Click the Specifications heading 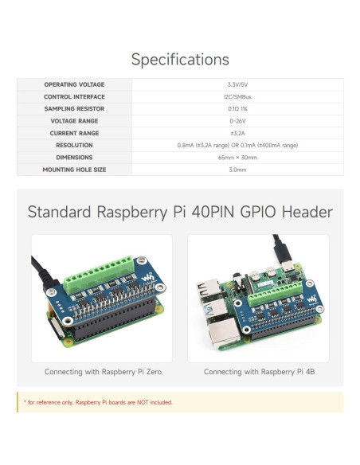(x=180, y=60)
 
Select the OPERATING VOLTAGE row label (x=74, y=84)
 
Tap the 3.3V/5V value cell (x=237, y=84)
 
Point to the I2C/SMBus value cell (x=237, y=96)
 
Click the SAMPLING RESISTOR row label (x=74, y=108)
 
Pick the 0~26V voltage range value (x=237, y=121)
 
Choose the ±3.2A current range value (x=237, y=133)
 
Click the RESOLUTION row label (x=74, y=145)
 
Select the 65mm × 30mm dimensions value (x=237, y=158)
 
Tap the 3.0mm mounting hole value (x=237, y=170)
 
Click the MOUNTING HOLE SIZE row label (x=74, y=170)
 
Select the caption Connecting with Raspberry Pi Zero (x=101, y=372)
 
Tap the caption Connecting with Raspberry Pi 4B (x=258, y=372)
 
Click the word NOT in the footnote (x=140, y=403)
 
